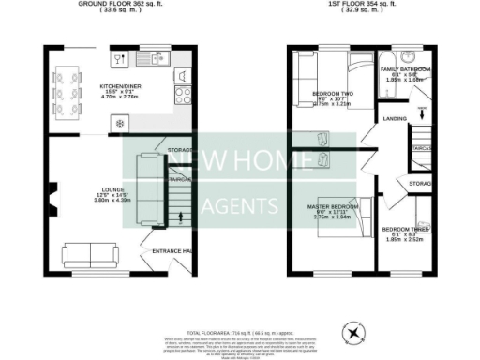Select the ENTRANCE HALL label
click(x=172, y=250)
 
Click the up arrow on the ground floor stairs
click(x=180, y=219)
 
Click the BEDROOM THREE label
click(x=406, y=228)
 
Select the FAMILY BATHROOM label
click(x=406, y=69)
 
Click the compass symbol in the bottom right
click(x=353, y=331)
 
